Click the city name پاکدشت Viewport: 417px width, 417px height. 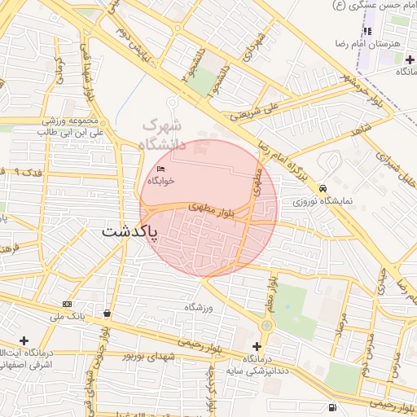tap(129, 231)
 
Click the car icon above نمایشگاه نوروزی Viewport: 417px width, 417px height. tap(324, 187)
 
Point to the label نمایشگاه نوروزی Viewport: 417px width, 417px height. tap(325, 200)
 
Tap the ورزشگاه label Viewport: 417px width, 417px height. tap(198, 307)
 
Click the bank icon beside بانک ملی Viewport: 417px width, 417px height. tap(66, 304)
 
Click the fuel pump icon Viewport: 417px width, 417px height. tap(331, 406)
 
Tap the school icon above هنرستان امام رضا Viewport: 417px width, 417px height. tap(367, 31)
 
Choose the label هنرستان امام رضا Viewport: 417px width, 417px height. tap(374, 43)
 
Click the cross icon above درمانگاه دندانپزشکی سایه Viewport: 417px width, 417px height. tap(257, 346)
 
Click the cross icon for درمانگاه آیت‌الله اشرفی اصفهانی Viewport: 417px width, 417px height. tap(24, 340)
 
